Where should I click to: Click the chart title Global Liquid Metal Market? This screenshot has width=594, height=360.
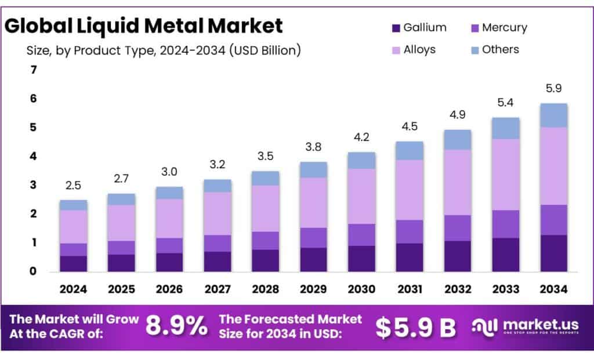click(x=144, y=26)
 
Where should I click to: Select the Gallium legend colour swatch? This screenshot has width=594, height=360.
click(x=397, y=28)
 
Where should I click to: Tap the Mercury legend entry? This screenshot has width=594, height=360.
click(x=498, y=28)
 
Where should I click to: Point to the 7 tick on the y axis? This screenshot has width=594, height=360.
click(x=33, y=70)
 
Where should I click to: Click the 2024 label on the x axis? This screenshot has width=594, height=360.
click(x=73, y=288)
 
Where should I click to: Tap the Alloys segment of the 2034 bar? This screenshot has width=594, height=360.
click(x=553, y=166)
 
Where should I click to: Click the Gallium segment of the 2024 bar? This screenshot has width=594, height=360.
click(x=73, y=263)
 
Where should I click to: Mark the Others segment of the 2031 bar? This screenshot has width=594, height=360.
click(x=409, y=151)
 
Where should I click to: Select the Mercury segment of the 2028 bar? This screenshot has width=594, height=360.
click(x=265, y=241)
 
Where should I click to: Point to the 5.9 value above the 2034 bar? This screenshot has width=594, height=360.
click(x=553, y=89)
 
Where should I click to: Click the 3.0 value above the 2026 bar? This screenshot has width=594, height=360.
click(x=169, y=172)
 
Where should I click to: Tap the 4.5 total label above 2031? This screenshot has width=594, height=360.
click(x=409, y=126)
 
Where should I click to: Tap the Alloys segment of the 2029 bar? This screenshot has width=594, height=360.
click(x=313, y=202)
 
